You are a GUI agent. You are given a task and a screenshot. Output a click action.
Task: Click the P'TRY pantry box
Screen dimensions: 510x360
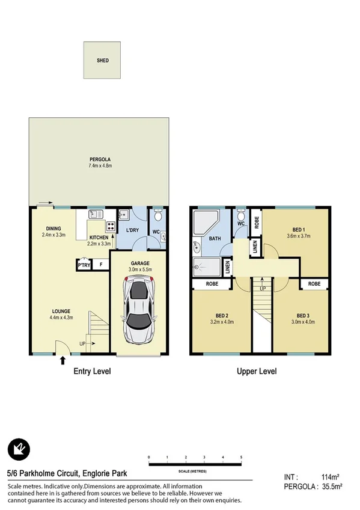[x=82, y=265]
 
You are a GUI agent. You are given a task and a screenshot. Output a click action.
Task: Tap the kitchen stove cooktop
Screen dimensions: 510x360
[x=111, y=227]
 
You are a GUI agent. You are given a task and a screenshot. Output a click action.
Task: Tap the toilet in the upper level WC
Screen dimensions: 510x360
[x=240, y=215]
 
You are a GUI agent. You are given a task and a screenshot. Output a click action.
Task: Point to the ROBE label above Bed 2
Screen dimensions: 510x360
[x=212, y=283]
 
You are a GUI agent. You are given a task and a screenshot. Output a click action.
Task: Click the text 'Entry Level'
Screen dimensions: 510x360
[x=92, y=372]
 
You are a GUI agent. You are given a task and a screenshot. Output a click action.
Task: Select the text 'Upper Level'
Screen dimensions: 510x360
[x=257, y=372]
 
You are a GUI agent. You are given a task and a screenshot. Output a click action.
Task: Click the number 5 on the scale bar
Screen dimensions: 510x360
[x=241, y=458]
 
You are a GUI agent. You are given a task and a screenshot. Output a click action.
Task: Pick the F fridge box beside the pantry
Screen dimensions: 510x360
[x=101, y=265]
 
